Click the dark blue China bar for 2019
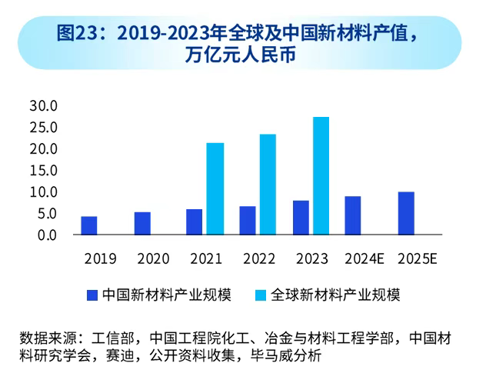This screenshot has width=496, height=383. click(x=89, y=225)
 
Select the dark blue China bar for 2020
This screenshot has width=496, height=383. click(x=142, y=223)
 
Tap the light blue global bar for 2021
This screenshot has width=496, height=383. click(x=215, y=188)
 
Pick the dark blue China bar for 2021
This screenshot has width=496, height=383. click(x=195, y=221)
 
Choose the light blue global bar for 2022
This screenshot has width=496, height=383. click(x=268, y=185)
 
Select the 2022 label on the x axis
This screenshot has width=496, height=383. click(x=258, y=258)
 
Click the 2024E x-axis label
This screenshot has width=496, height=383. click(x=364, y=258)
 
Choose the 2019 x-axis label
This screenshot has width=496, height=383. click(x=100, y=258)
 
